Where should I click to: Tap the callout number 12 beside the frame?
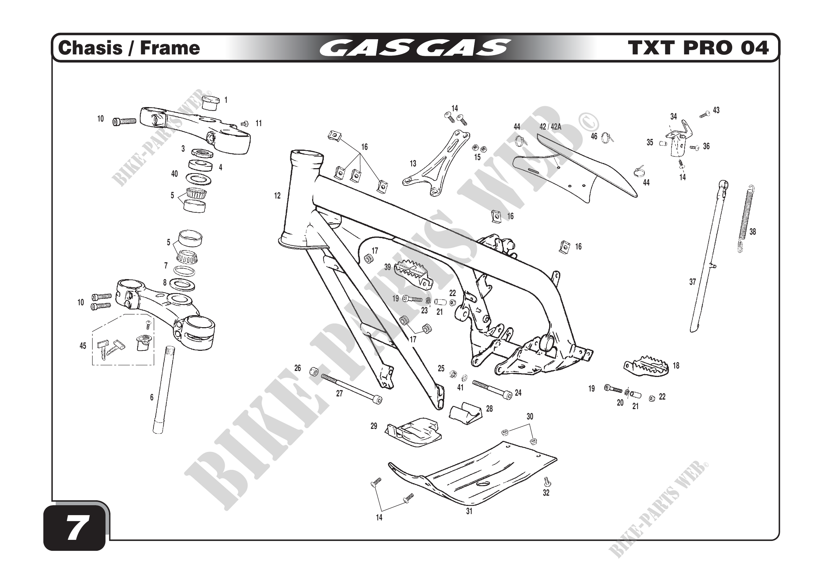(x=277, y=196)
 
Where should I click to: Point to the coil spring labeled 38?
(x=746, y=219)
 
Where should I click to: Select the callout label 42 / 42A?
(x=550, y=127)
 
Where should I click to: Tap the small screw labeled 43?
(x=705, y=114)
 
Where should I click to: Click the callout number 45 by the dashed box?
(x=83, y=346)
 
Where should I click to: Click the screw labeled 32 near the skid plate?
(x=547, y=481)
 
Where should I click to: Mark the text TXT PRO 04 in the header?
(x=698, y=48)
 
